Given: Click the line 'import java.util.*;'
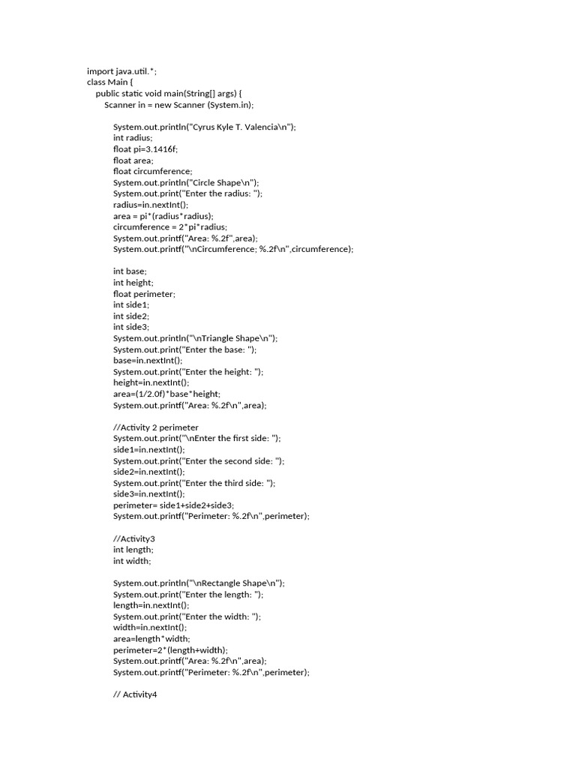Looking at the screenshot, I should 121,71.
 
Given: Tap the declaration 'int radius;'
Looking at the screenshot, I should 133,138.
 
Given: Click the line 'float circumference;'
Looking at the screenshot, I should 152,171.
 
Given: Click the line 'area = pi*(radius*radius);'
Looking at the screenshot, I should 163,216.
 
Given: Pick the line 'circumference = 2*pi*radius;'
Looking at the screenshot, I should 169,226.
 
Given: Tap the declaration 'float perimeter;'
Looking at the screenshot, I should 144,294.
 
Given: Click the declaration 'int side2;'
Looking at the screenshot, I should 131,316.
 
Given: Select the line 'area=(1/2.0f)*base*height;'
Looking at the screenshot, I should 167,394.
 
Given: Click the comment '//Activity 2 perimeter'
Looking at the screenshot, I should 156,427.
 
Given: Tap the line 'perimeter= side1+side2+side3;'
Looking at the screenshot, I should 174,505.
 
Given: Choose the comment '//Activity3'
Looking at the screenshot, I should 134,538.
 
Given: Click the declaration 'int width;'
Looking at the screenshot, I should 132,560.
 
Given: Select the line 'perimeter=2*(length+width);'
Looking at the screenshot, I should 170,649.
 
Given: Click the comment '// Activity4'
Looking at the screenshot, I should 135,694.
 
